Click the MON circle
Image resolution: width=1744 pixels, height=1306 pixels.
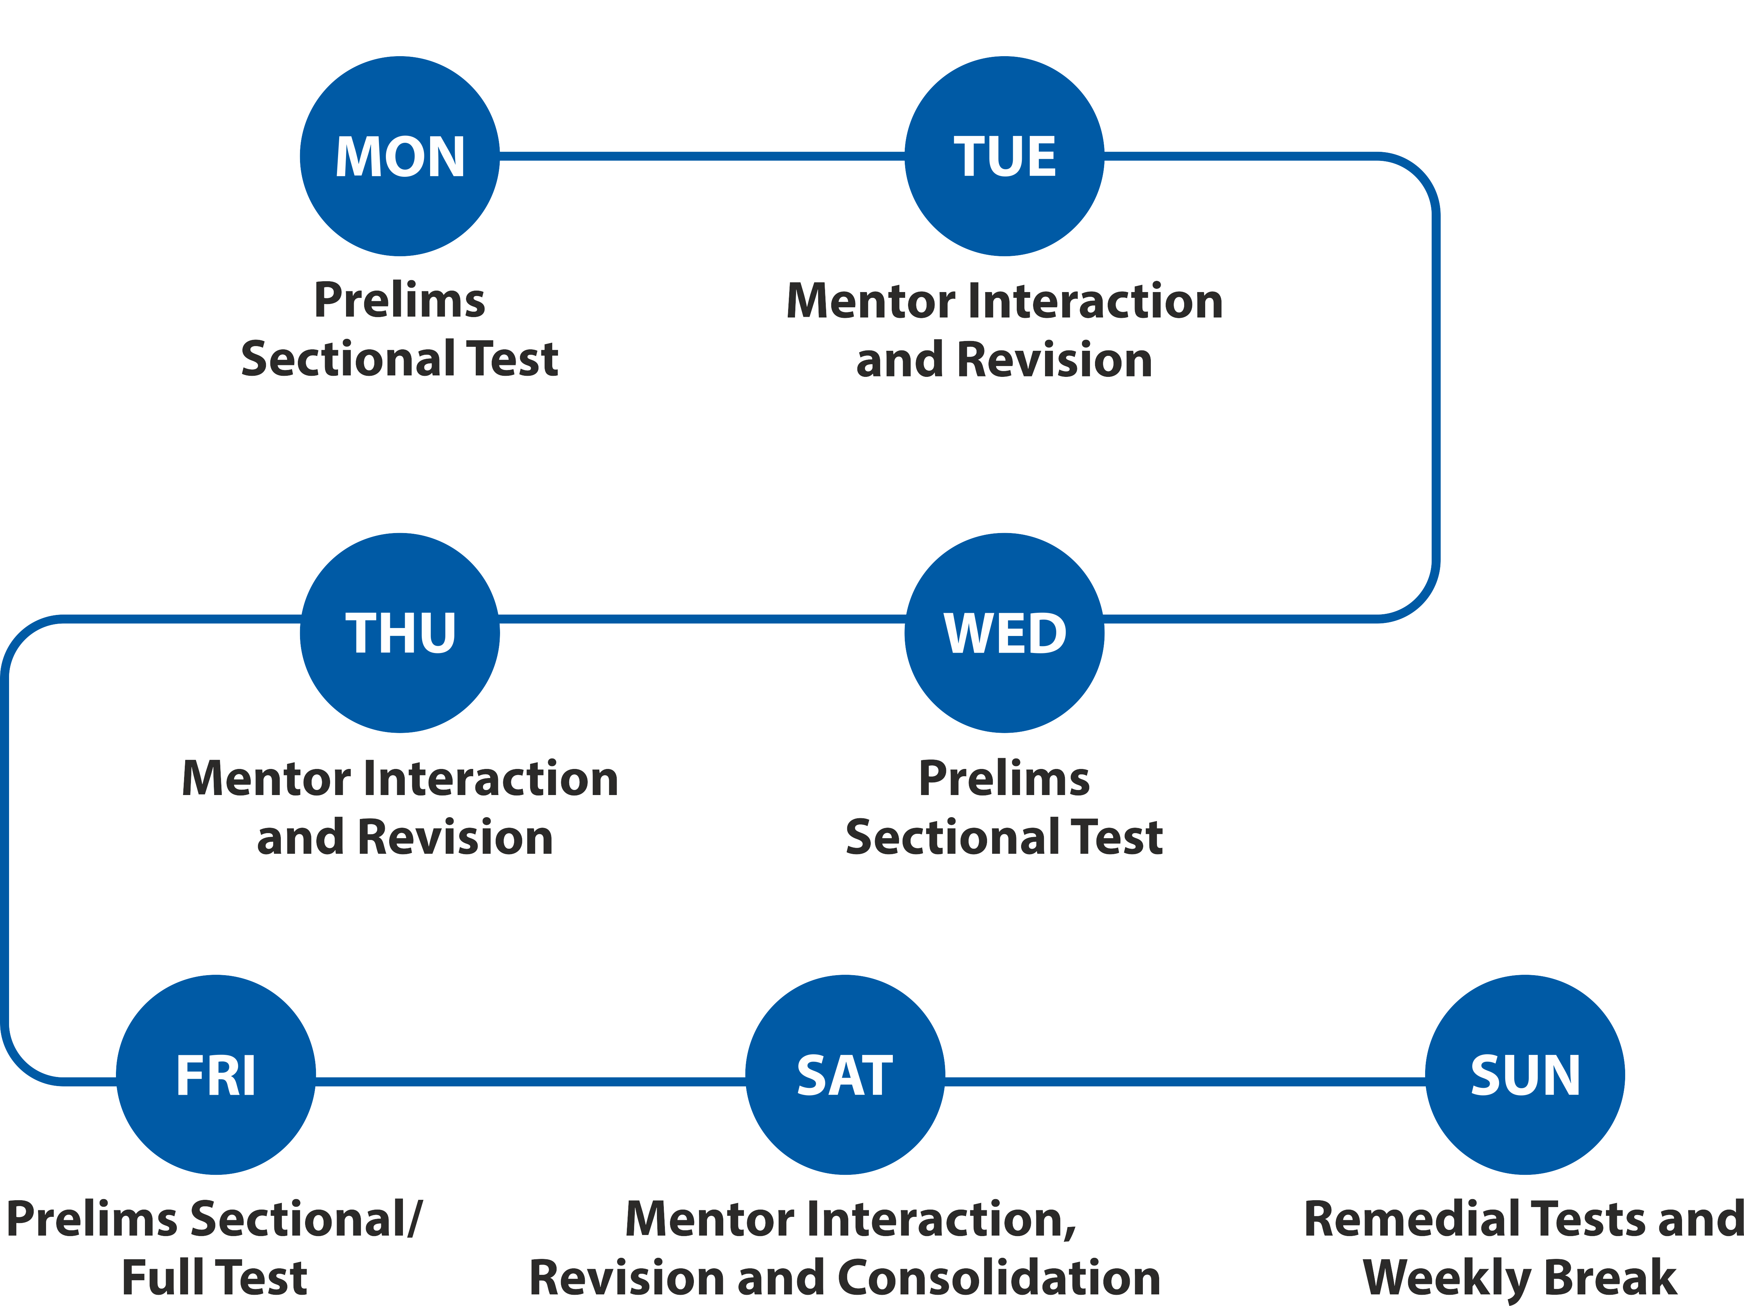[x=400, y=156]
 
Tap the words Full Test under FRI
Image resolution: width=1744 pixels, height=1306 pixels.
[x=215, y=1278]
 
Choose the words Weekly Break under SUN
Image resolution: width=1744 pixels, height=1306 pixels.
[x=1519, y=1278]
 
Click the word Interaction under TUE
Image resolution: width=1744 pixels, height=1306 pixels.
[x=1094, y=301]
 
